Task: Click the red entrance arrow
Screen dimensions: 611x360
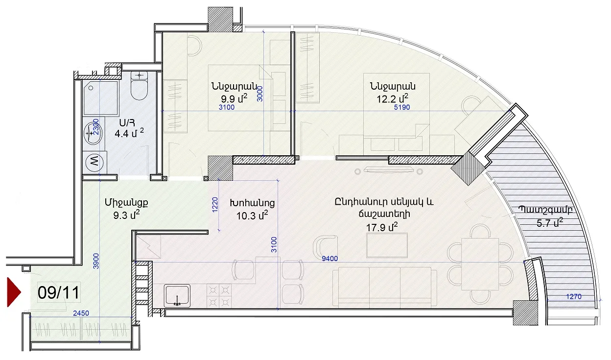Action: [x=13, y=292]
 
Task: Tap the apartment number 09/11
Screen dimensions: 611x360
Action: [x=59, y=292]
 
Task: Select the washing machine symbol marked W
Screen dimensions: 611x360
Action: [x=94, y=163]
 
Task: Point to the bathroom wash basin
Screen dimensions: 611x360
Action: [x=94, y=133]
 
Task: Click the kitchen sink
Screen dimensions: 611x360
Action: [x=177, y=296]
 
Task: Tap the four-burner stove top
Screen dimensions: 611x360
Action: [x=219, y=296]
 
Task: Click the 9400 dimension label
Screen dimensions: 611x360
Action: [x=330, y=259]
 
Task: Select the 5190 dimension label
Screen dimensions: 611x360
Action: [x=402, y=107]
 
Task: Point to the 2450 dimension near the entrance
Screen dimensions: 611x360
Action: [x=81, y=313]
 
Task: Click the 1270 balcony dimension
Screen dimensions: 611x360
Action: [x=574, y=296]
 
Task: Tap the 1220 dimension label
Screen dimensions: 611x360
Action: [x=215, y=205]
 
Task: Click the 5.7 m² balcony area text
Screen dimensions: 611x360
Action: [x=550, y=223]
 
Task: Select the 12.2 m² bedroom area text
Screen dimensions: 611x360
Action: [x=392, y=98]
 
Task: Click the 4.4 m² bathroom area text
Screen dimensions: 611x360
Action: [x=129, y=133]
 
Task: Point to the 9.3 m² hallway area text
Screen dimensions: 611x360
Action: [x=127, y=216]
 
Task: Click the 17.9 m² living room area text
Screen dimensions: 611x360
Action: [x=381, y=227]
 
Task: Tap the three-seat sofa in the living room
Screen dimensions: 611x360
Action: [x=385, y=287]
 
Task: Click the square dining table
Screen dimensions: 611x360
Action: [x=480, y=264]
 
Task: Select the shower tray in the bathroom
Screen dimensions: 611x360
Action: [x=101, y=97]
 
